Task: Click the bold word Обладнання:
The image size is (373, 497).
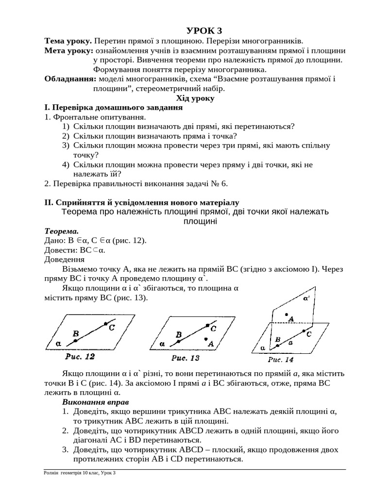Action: tap(70, 79)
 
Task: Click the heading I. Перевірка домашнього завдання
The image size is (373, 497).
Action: tap(113, 108)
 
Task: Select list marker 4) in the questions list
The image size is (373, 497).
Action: tap(66, 165)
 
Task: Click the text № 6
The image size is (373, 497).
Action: tap(218, 183)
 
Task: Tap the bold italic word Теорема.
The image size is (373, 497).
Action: tap(61, 231)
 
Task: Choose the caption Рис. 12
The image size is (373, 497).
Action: tap(80, 357)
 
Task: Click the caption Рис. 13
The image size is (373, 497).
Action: tap(186, 358)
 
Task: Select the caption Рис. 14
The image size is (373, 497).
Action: tap(281, 360)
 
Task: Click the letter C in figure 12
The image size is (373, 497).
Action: tap(111, 328)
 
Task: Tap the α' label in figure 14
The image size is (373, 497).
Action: tap(306, 299)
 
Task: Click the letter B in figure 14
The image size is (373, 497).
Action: tap(277, 340)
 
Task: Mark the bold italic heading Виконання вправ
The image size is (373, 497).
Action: tap(96, 402)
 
